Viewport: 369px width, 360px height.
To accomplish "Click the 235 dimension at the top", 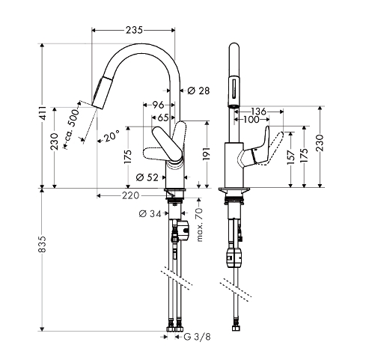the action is coord(134,30).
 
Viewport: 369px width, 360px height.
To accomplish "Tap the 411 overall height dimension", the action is coord(43,113).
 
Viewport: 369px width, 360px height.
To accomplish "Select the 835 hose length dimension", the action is coord(43,244).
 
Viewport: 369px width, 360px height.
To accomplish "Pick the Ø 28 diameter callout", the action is coord(198,91).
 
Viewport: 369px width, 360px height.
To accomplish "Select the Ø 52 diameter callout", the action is coord(147,177).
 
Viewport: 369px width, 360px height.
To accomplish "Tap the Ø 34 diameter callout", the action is coord(150,213).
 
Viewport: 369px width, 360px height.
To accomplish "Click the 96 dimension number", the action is coord(158,105).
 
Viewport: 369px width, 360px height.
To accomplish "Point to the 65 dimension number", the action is coord(163,118).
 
